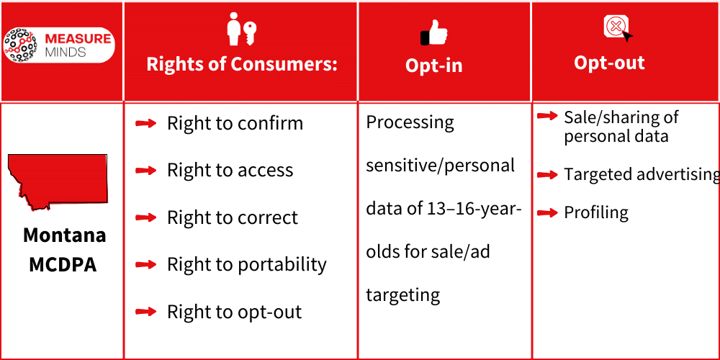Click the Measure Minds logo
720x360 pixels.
point(58,45)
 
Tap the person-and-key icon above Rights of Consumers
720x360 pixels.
point(241,30)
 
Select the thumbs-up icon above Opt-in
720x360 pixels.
point(433,32)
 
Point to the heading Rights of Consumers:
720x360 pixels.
point(242,64)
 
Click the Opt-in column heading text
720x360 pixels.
point(433,66)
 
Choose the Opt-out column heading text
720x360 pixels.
point(609,63)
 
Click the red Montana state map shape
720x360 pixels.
point(58,181)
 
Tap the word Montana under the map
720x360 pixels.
point(64,235)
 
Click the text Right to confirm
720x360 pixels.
point(235,123)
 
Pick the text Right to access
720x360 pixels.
point(230,171)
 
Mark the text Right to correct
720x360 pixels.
point(232,218)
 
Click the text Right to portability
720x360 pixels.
point(246,265)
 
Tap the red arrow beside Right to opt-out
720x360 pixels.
point(146,312)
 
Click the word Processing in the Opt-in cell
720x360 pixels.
point(410,122)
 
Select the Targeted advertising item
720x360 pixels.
point(641,175)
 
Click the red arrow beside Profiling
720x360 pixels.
point(547,212)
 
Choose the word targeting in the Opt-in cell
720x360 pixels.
point(402,295)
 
